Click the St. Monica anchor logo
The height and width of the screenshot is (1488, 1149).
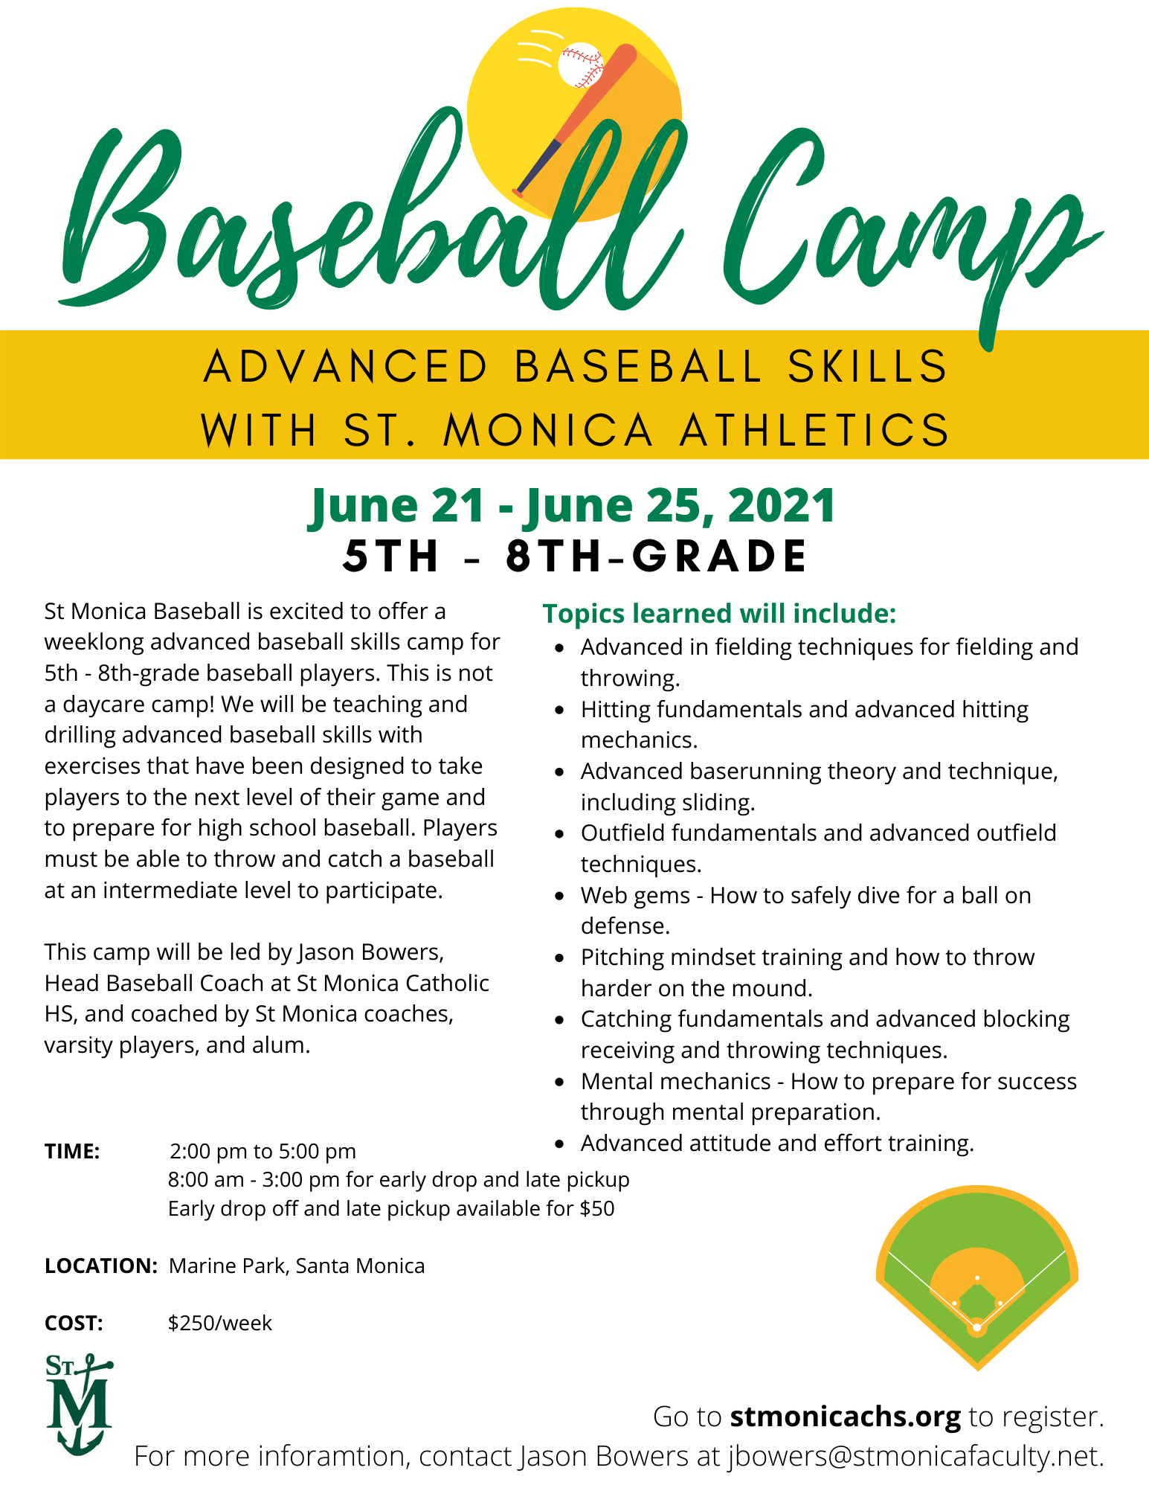pyautogui.click(x=79, y=1403)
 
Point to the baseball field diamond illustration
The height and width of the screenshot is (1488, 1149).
pyautogui.click(x=976, y=1276)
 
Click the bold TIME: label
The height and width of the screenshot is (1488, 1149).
pyautogui.click(x=72, y=1151)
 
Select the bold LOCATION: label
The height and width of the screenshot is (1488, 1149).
pyautogui.click(x=100, y=1266)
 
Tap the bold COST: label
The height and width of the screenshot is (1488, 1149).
pyautogui.click(x=74, y=1323)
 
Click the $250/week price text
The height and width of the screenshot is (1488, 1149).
pyautogui.click(x=220, y=1323)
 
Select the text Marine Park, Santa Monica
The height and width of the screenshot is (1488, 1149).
pyautogui.click(x=297, y=1266)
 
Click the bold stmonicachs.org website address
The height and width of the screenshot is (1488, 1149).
pyautogui.click(x=845, y=1416)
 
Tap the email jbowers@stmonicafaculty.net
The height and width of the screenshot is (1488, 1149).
pyautogui.click(x=914, y=1456)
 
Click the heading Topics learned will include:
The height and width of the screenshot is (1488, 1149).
pyautogui.click(x=719, y=613)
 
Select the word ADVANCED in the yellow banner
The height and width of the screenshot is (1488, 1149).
pyautogui.click(x=346, y=366)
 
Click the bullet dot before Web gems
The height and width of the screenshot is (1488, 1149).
pyautogui.click(x=560, y=897)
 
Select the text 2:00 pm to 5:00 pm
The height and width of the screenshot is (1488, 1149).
pyautogui.click(x=263, y=1151)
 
